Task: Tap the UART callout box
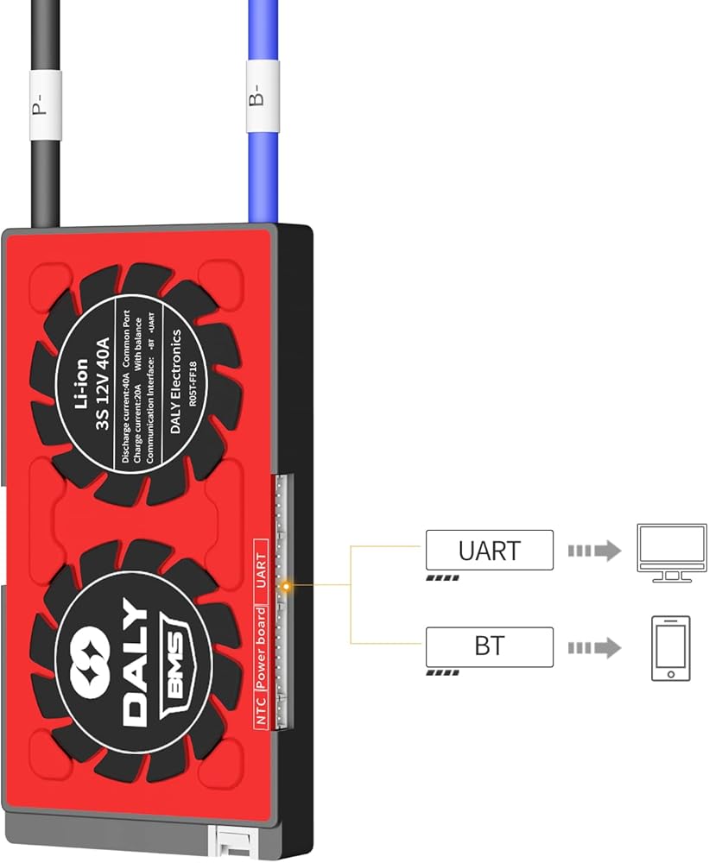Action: click(x=489, y=550)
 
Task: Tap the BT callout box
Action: click(x=489, y=646)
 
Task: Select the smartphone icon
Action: click(x=670, y=648)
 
